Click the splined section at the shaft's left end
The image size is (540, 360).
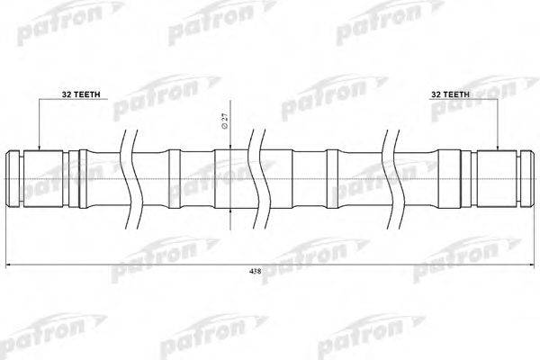coord(41,181)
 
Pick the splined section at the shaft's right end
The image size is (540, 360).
coord(498,181)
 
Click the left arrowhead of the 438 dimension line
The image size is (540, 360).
coord(10,265)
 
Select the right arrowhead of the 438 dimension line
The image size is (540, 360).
coord(530,265)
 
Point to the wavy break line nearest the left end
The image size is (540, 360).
coord(130,180)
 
